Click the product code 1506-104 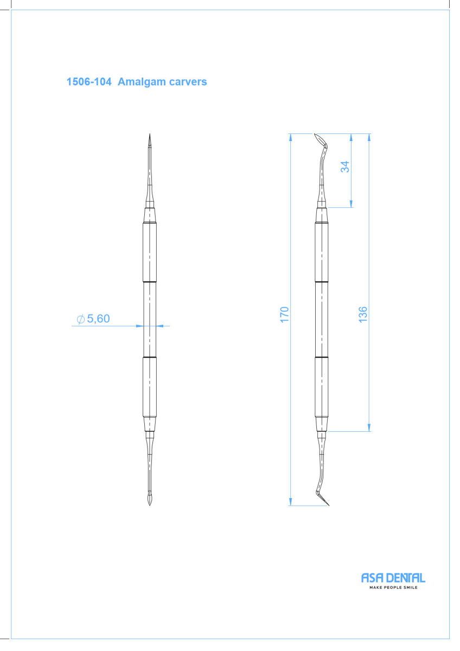89,82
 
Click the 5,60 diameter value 99,319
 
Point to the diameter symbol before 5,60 80,319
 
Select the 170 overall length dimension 284,314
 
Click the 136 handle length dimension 363,314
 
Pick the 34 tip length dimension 345,167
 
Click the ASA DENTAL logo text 393,578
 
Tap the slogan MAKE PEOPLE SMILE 393,588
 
